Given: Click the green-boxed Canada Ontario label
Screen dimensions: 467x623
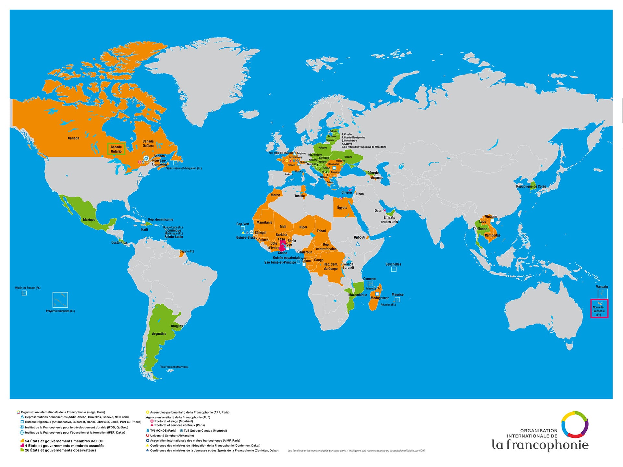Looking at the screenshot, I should click(x=116, y=149).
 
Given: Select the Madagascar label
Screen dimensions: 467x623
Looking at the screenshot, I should click(x=379, y=298).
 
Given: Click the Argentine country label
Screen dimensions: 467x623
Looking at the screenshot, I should click(x=159, y=334).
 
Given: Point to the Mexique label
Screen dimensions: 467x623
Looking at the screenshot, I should click(x=89, y=220).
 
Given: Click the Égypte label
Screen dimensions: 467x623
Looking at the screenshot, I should click(x=342, y=208).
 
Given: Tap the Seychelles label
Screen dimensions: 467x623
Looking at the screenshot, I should click(x=393, y=264).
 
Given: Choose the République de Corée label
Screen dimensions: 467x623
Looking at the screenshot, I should click(x=531, y=186).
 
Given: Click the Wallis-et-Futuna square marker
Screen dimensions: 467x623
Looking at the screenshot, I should click(x=24, y=293).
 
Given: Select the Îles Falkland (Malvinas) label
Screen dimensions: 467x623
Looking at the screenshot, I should click(x=174, y=367).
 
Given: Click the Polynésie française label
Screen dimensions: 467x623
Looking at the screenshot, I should click(x=60, y=311).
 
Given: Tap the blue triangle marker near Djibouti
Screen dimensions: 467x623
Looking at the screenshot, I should click(x=358, y=244).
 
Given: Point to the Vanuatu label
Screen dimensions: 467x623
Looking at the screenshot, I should click(x=602, y=287).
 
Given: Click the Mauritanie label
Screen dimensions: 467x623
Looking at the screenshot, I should click(x=264, y=222).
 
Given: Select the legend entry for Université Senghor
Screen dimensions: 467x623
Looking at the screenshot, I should click(x=172, y=436).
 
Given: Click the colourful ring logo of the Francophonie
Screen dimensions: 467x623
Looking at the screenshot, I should click(x=575, y=425).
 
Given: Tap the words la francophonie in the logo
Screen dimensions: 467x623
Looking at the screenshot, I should click(x=540, y=445).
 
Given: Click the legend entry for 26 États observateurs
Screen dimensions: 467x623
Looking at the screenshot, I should click(x=60, y=450).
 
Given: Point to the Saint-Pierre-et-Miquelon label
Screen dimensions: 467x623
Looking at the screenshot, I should click(x=184, y=168).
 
